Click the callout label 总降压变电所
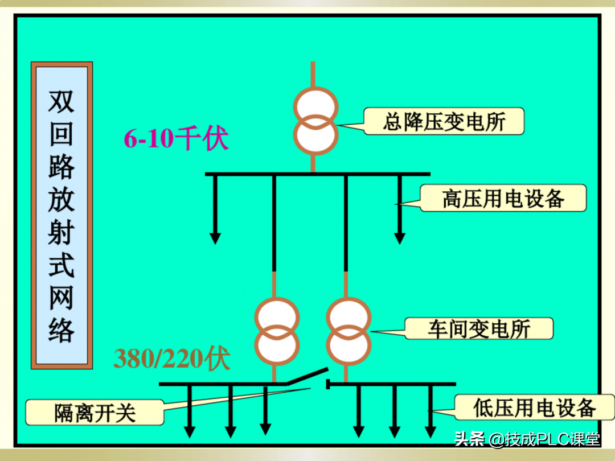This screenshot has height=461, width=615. tap(444, 121)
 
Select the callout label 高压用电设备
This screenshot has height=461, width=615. tap(503, 198)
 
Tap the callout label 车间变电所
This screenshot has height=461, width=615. tap(478, 329)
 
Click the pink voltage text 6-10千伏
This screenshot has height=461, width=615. tap(176, 138)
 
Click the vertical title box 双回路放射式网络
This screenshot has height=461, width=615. tap(61, 215)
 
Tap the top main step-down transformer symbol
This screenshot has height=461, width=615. tap(315, 121)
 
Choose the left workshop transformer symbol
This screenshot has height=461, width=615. tap(276, 331)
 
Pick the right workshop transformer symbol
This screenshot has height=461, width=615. tap(348, 331)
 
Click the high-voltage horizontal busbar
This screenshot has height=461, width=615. tap(317, 174)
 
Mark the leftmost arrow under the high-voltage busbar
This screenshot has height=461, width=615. tap(215, 211)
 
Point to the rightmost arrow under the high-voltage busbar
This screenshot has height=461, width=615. tap(399, 211)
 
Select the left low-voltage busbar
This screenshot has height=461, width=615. tap(222, 384)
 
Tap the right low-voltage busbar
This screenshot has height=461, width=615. tap(393, 384)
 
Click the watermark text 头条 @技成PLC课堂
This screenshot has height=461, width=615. tap(527, 439)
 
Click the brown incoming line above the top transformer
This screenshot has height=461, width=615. tap(313, 74)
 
